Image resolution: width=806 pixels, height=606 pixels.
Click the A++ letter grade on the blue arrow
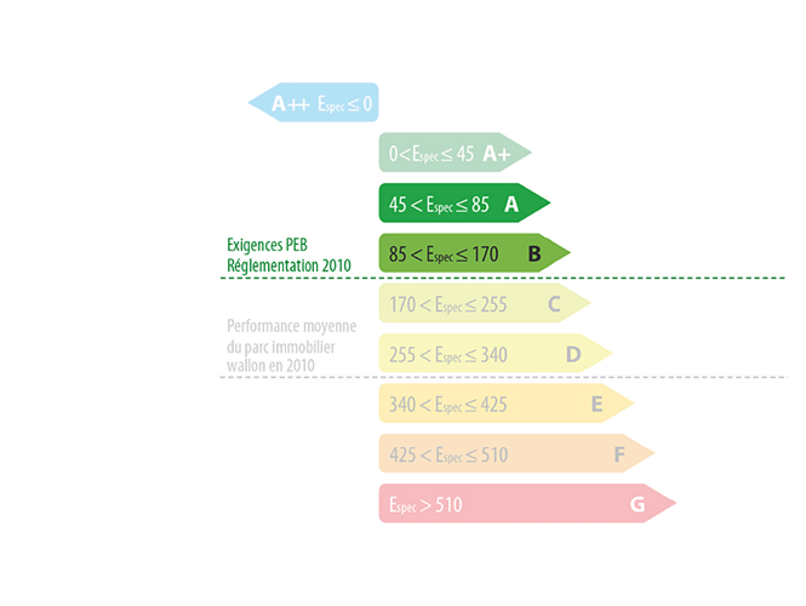[x=291, y=104]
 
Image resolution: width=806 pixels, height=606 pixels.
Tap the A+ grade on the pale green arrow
[x=497, y=154]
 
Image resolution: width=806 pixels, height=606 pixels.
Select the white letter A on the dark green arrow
[x=511, y=204]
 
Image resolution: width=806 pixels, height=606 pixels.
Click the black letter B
[x=535, y=253]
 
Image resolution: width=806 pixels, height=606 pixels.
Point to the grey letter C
[x=554, y=304]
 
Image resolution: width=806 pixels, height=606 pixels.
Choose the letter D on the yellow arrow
[x=573, y=354]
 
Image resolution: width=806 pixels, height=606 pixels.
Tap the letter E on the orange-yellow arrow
[x=597, y=404]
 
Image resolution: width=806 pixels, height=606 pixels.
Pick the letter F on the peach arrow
[x=619, y=455]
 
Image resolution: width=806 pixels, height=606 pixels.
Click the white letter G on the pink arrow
[x=638, y=504]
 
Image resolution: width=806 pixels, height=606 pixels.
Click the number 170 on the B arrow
[x=485, y=254]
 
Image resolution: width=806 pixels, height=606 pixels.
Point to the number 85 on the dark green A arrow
[x=480, y=204]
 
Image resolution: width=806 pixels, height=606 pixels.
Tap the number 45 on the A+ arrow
[x=465, y=154]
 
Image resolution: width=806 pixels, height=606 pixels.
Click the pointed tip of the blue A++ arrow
[x=248, y=103]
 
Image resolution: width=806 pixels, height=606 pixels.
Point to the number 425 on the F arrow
[x=402, y=455]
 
